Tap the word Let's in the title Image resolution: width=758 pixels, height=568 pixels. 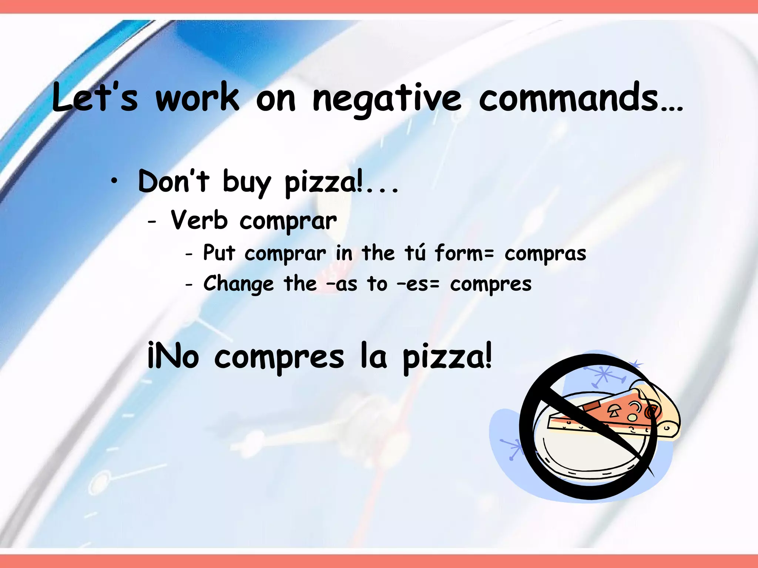(94, 98)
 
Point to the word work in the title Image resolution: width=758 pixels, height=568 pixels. (197, 98)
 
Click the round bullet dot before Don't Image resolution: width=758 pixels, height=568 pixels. (115, 181)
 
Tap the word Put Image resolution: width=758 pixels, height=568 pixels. (219, 253)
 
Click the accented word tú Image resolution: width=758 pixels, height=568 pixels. (415, 253)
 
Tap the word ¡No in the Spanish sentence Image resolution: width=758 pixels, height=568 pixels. (173, 356)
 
